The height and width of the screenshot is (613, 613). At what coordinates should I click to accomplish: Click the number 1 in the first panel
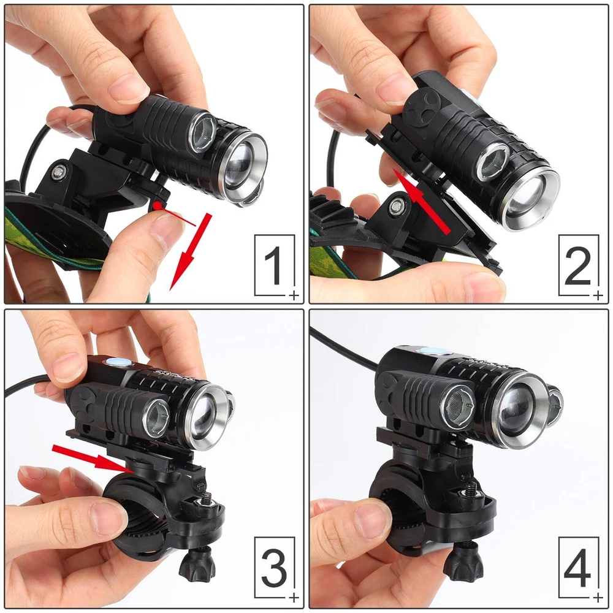273,265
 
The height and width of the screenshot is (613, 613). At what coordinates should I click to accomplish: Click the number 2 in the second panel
578,265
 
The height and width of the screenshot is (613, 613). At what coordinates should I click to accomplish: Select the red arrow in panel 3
94,458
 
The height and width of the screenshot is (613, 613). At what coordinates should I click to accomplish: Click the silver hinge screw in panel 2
397,206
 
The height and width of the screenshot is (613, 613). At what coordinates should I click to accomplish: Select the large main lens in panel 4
519,411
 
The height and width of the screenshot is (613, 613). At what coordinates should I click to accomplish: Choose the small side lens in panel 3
156,418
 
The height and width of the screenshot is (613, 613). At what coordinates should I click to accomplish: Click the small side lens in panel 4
457,408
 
